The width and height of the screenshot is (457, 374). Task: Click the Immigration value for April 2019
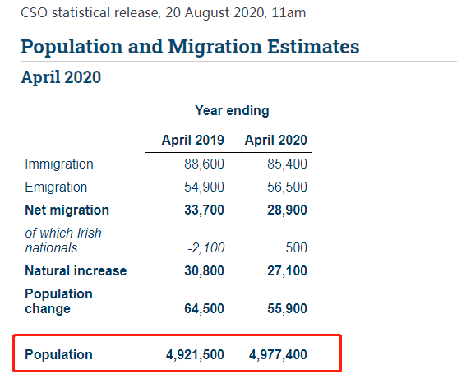click(x=204, y=164)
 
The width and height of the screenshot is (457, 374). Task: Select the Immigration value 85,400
click(x=287, y=164)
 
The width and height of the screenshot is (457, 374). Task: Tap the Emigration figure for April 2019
click(x=204, y=187)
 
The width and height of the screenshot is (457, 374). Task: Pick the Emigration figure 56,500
click(x=287, y=187)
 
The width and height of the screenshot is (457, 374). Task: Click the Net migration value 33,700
click(x=204, y=210)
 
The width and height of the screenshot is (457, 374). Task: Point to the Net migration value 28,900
click(x=287, y=210)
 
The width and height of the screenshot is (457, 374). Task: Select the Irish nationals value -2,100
click(x=206, y=248)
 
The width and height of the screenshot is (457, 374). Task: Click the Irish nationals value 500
click(x=296, y=247)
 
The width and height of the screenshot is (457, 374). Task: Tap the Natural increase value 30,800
click(x=204, y=271)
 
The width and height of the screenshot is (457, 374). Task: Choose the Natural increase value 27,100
click(x=287, y=271)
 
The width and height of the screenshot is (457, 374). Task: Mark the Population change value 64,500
click(x=204, y=309)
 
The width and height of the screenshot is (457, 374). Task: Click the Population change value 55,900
click(x=287, y=309)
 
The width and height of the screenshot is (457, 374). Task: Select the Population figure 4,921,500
click(x=195, y=355)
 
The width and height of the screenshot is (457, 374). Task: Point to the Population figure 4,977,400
click(x=278, y=355)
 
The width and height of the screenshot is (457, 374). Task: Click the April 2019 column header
click(x=193, y=141)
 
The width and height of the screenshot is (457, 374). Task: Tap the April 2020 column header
click(x=275, y=141)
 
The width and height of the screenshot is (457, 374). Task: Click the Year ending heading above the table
click(x=232, y=111)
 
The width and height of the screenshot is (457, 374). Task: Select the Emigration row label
click(x=56, y=187)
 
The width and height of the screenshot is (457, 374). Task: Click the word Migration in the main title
click(x=215, y=47)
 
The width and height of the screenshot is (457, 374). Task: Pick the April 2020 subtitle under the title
click(x=61, y=77)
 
